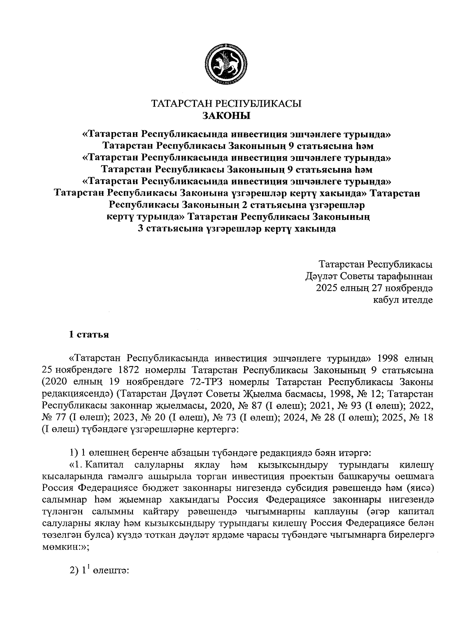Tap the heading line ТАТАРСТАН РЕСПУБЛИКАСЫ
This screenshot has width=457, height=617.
[226, 104]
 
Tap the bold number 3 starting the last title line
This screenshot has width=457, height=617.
[140, 229]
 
